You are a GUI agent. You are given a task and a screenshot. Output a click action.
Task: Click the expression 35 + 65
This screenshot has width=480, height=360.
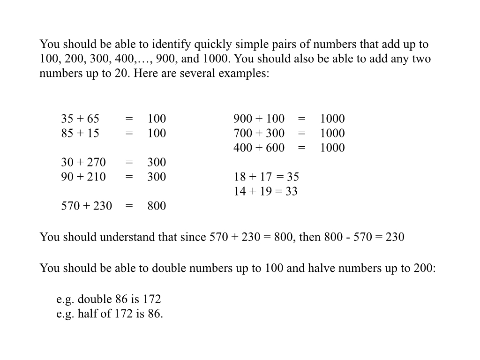pyautogui.click(x=80, y=119)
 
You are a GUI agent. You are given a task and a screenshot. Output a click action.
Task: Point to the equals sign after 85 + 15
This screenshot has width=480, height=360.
pyautogui.click(x=129, y=133)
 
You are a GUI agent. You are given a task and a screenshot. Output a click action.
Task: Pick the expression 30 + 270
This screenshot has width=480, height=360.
pyautogui.click(x=83, y=162)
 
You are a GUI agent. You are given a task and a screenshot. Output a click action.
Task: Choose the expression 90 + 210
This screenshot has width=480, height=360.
pyautogui.click(x=83, y=177)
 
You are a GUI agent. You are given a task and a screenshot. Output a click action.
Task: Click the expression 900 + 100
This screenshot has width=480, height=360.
pyautogui.click(x=259, y=119)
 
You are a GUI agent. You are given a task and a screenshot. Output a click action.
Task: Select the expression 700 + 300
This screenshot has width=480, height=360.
pyautogui.click(x=259, y=133)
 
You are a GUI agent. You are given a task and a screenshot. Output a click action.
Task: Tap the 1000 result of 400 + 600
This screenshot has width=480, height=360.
pyautogui.click(x=332, y=148)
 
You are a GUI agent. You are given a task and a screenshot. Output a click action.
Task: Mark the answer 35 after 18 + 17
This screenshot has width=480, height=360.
pyautogui.click(x=293, y=177)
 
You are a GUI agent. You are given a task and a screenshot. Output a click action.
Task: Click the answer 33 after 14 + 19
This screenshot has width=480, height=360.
pyautogui.click(x=291, y=191)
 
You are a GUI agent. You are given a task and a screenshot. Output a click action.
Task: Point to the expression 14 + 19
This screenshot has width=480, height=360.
pyautogui.click(x=252, y=191)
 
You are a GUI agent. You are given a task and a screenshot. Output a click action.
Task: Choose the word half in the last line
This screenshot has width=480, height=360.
pyautogui.click(x=88, y=314)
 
